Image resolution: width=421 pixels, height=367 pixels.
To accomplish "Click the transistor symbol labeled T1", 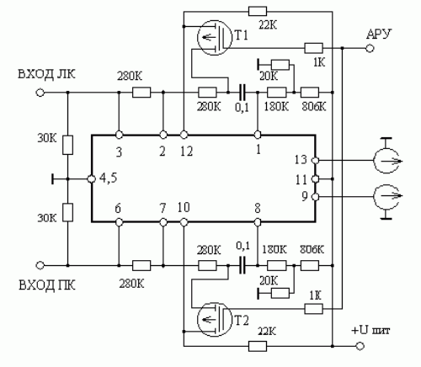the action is (x=215, y=37).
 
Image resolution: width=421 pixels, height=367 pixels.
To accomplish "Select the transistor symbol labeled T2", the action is (x=215, y=319).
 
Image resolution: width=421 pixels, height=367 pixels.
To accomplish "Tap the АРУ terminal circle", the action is (x=370, y=48).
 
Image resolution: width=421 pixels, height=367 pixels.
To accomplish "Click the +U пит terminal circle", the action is (x=360, y=346).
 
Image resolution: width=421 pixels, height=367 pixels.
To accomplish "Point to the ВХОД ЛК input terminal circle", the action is (x=40, y=92).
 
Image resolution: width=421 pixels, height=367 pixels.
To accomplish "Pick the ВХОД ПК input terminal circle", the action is (x=40, y=265).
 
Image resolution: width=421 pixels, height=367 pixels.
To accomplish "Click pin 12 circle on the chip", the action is (x=184, y=135).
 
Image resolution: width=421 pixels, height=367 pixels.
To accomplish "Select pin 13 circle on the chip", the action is (x=316, y=160).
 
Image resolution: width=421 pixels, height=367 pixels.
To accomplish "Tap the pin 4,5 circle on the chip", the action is (x=92, y=178).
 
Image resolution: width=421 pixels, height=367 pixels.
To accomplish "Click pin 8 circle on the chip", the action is (x=258, y=222).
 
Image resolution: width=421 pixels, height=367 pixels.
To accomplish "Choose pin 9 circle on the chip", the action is (x=316, y=197).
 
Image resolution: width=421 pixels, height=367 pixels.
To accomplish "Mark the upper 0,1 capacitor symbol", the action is (x=242, y=92).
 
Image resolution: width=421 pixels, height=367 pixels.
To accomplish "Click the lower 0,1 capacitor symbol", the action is (x=242, y=265).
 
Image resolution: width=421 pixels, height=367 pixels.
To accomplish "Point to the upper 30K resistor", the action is (x=67, y=145).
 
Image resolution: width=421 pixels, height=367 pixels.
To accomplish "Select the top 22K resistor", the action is (x=258, y=12).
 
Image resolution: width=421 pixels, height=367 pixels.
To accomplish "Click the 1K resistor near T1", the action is (x=313, y=48).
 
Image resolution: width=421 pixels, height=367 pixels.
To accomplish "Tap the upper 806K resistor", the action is (x=310, y=92).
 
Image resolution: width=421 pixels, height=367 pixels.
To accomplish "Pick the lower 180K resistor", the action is (x=277, y=265).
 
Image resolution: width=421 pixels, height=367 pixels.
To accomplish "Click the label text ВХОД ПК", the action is (x=47, y=285).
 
